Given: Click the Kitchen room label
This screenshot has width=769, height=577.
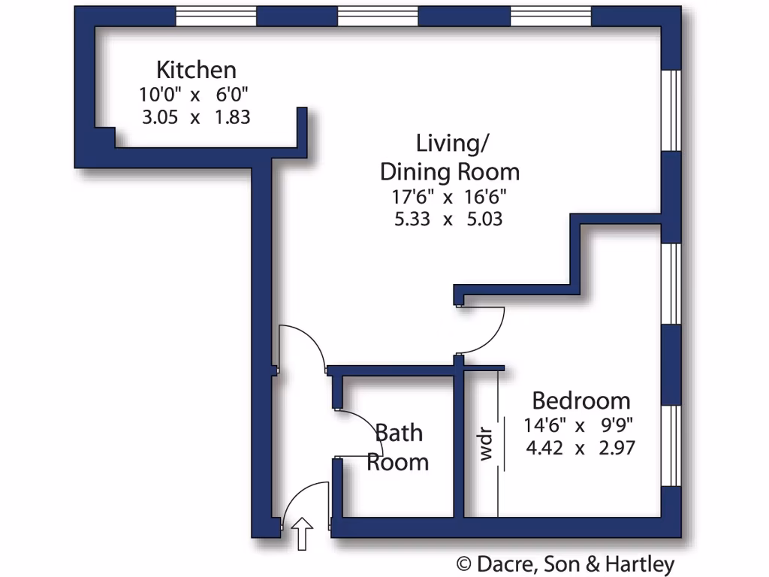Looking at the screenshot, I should coord(196,70).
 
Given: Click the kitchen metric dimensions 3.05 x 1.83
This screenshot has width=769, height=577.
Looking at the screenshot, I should coord(195,117).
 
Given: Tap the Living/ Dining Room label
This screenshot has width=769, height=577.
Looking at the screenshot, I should coord(449,157).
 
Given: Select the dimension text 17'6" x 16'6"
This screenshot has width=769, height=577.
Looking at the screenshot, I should coord(448,198).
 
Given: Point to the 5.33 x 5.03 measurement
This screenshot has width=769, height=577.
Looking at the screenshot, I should coord(448,219).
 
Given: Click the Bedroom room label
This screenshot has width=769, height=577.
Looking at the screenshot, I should coord(581,400).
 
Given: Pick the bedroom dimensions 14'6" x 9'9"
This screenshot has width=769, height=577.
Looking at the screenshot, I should coord(579,425).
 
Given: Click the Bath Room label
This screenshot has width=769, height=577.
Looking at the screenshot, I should coord(398,447).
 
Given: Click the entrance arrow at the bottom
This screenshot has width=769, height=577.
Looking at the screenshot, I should coord(303,533).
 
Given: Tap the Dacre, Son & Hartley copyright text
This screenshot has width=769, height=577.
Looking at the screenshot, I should coord(566,564).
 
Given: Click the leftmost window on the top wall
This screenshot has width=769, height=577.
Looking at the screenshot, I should coord(216,16).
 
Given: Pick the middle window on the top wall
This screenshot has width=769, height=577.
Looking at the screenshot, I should coord(377,16).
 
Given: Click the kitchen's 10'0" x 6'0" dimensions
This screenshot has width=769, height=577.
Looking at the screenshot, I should coord(194,95).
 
